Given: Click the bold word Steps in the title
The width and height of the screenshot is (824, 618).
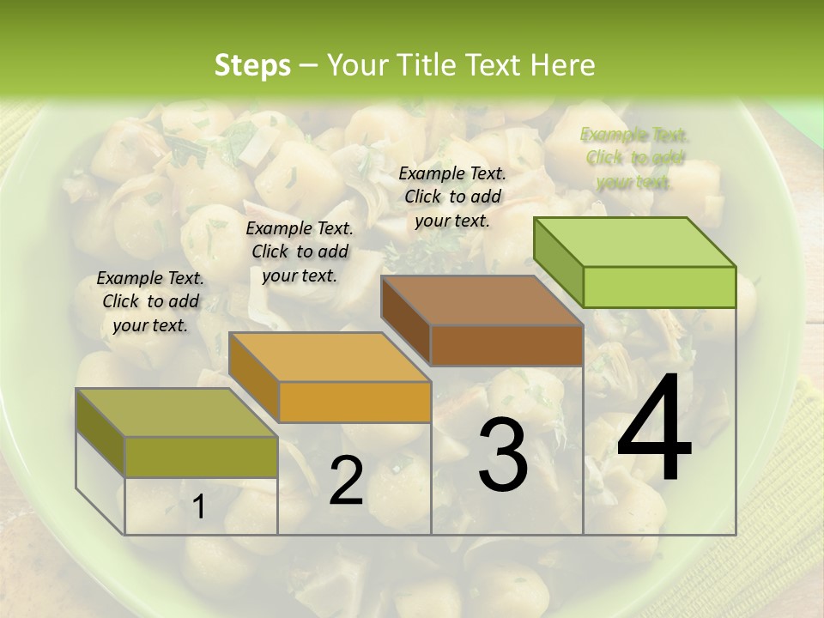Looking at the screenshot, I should tap(252, 65).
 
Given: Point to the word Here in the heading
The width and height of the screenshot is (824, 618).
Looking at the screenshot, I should tap(563, 65).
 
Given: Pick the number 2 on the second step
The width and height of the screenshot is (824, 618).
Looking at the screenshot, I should tap(346, 482).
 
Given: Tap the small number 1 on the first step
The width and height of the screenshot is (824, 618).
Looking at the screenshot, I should tap(198, 507).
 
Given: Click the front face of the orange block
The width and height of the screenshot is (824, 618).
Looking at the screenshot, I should tap(354, 402).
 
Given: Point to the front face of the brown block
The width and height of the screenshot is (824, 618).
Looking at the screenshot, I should tap(506, 346).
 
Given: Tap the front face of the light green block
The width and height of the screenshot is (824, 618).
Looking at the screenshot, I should tap(659, 287).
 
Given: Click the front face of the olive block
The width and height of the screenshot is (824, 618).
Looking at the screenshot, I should tap(201, 457).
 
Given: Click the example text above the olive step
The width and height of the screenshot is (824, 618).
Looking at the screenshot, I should tap(150, 301).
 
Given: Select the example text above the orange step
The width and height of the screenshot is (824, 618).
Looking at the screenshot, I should tap(300, 251).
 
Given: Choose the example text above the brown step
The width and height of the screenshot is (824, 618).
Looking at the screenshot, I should tap(452, 197).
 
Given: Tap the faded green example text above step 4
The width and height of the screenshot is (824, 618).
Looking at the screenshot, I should tap(634, 158).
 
